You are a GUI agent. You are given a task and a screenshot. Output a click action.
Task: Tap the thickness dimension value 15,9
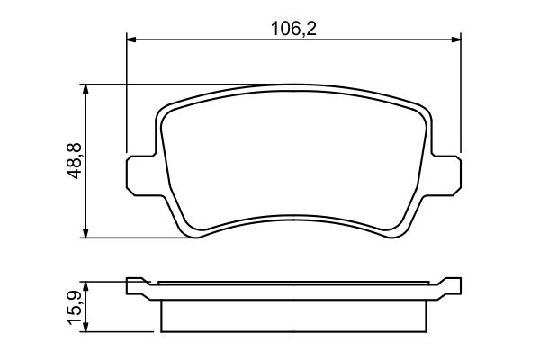click(x=75, y=307)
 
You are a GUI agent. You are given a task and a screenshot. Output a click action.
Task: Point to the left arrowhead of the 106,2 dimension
click(x=131, y=39)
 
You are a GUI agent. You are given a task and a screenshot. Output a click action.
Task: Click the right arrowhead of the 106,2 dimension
click(x=454, y=39)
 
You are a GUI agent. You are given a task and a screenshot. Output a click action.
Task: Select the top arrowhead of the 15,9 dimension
click(x=85, y=285)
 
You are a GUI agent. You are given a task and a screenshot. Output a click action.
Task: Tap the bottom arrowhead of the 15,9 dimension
click(x=85, y=327)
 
